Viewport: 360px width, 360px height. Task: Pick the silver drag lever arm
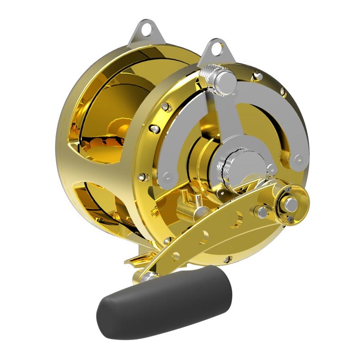point(220,117)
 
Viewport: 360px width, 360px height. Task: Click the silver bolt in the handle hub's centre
point(292,204)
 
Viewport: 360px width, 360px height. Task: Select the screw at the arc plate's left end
point(167,175)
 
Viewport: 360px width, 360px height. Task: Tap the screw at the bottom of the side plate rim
point(228,260)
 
